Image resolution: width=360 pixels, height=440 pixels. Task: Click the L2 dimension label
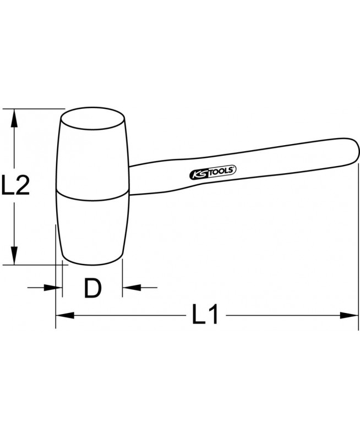15,185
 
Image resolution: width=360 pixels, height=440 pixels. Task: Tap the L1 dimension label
205,315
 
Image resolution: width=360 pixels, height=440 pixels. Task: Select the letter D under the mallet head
92,288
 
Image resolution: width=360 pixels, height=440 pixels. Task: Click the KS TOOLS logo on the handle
213,172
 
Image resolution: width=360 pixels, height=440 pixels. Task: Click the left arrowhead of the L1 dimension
65,315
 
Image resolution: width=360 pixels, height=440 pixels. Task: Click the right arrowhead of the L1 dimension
349,315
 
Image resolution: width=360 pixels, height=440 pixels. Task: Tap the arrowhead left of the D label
53,288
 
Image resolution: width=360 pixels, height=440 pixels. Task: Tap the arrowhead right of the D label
132,288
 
